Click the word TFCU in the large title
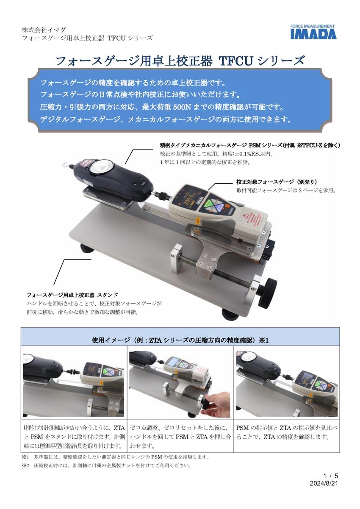(235, 61)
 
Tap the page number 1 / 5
(331, 476)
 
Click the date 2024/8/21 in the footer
(324, 483)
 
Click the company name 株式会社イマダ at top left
(44, 30)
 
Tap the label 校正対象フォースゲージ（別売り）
(277, 182)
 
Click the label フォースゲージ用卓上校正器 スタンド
(72, 295)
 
